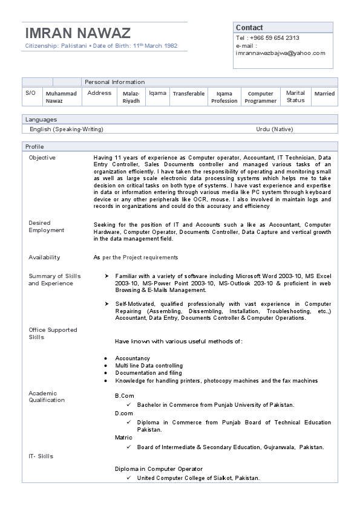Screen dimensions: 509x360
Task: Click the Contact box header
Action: pos(249,28)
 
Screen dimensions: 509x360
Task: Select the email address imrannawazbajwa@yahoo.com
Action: pos(281,53)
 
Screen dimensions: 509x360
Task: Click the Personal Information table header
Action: pos(115,82)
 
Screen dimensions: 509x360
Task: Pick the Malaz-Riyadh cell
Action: pos(131,97)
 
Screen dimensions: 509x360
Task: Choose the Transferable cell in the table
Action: pos(189,94)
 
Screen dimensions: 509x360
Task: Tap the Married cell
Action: pos(324,94)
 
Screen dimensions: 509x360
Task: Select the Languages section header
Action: pos(41,120)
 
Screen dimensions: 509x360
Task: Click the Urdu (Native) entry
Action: pos(275,129)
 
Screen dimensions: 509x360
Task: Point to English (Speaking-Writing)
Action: pos(67,129)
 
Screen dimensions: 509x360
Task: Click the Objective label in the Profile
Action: pos(42,158)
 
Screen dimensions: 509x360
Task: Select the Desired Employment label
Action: pos(47,227)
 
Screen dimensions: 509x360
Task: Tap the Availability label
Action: pos(44,258)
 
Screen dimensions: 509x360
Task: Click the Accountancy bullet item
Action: pos(133,358)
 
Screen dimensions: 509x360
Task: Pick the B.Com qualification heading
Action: pos(125,395)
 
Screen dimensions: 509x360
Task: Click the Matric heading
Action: pos(123,437)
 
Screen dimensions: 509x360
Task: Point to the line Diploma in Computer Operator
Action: pos(159,468)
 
